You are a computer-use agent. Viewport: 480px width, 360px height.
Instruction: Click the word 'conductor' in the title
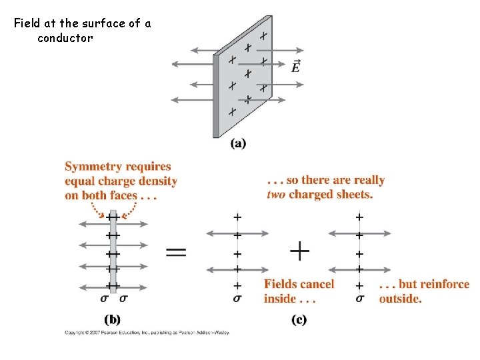[x=65, y=38]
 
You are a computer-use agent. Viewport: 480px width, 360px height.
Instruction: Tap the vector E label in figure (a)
[x=295, y=66]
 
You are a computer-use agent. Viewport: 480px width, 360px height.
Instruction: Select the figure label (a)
[x=238, y=143]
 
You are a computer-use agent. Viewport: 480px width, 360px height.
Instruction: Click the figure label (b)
[x=113, y=319]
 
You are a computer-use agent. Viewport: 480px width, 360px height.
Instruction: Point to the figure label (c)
[x=299, y=319]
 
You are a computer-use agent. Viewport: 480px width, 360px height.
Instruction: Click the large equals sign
[x=176, y=252]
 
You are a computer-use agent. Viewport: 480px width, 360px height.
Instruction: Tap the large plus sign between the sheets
[x=300, y=251]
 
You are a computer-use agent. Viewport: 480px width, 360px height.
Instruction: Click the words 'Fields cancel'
[x=299, y=285]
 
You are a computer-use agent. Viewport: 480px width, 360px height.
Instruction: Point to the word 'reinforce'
[x=444, y=285]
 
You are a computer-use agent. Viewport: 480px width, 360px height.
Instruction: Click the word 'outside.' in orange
[x=400, y=299]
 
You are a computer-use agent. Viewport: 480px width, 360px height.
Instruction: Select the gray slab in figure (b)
[x=113, y=253]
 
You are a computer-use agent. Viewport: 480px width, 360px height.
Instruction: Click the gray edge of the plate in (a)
[x=216, y=97]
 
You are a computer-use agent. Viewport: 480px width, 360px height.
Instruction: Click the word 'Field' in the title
[x=27, y=24]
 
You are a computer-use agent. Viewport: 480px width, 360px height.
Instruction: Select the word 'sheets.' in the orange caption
[x=355, y=195]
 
